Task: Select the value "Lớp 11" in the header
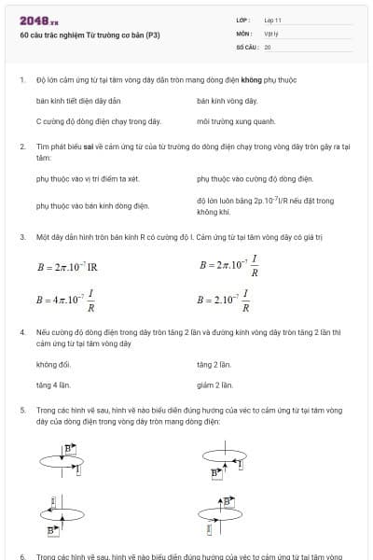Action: pos(273,20)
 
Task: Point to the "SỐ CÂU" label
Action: pos(246,46)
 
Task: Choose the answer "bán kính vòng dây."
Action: pos(227,100)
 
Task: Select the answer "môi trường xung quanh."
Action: pos(236,121)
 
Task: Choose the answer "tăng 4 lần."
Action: pos(53,384)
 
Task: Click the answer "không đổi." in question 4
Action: pos(53,364)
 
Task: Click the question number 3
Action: pos(21,237)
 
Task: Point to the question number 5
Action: pos(21,410)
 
